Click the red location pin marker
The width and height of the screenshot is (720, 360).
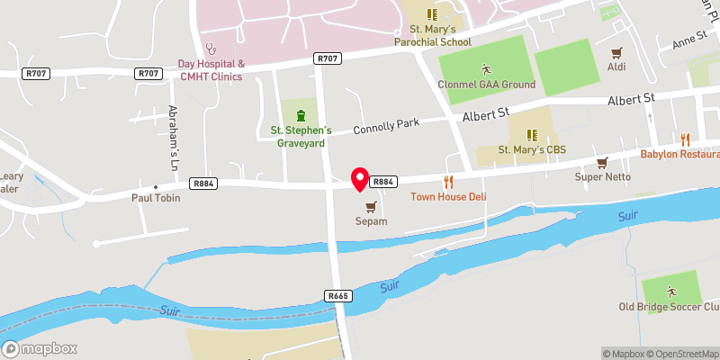[x=360, y=178]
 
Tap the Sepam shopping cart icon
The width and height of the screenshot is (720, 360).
[x=371, y=206]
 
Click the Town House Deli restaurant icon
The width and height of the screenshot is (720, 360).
[x=447, y=182]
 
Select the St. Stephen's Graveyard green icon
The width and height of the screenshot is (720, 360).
[x=301, y=115]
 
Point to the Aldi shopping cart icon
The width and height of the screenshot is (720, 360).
[x=616, y=54]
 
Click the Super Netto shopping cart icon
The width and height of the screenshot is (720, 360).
[x=602, y=162]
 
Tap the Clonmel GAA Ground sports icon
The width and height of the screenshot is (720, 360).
[x=486, y=69]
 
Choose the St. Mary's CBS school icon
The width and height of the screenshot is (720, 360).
[x=531, y=135]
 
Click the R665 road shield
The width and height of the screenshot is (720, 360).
[x=338, y=295]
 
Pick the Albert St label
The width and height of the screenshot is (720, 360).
[x=486, y=115]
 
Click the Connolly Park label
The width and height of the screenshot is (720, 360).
[x=381, y=129]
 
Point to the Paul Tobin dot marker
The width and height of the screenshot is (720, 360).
[x=156, y=186]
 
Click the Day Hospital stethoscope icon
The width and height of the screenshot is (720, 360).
[x=211, y=49]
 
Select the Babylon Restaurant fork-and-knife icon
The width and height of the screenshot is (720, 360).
[x=685, y=139]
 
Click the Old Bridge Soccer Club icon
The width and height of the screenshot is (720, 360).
[x=670, y=291]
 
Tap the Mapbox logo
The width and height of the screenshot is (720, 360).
[x=40, y=349]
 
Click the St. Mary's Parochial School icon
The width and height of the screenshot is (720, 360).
[x=432, y=14]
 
